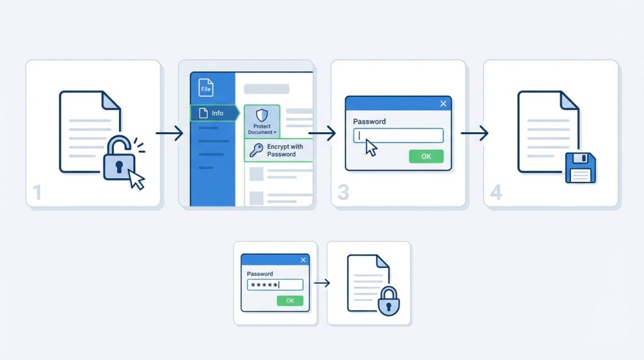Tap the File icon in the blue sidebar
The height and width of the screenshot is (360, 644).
tap(206, 87)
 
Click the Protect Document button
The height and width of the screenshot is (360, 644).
tap(261, 121)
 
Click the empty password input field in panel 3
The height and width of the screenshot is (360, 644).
tap(398, 135)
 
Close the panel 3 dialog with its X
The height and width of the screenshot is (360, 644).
tap(443, 104)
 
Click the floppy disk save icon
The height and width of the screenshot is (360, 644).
tap(580, 167)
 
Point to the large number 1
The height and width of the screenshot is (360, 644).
tap(37, 193)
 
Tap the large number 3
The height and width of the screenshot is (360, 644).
tap(343, 193)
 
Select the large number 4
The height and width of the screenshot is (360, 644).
tap(496, 193)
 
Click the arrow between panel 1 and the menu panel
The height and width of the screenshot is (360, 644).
tap(169, 133)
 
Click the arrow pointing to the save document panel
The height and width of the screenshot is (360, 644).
tap(474, 133)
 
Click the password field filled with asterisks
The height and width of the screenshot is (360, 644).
tap(275, 285)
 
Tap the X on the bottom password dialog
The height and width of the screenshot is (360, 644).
tap(303, 260)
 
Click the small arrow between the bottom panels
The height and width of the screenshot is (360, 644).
tap(321, 283)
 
